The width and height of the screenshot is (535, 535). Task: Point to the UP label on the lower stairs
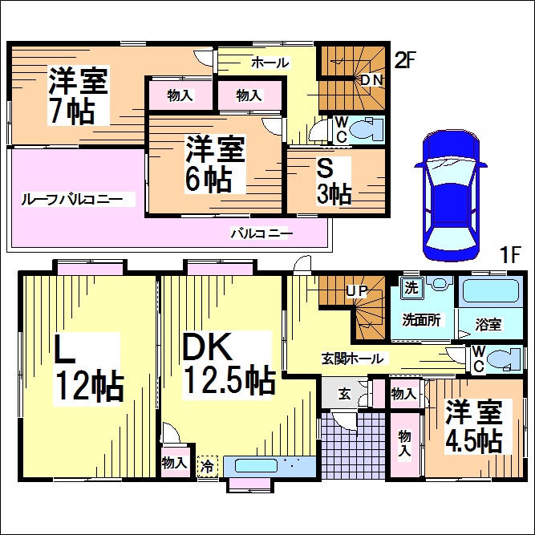point(355,290)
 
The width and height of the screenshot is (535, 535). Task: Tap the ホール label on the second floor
point(270,62)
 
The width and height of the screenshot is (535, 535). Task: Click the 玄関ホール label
point(353,359)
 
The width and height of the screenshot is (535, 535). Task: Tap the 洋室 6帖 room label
point(216,164)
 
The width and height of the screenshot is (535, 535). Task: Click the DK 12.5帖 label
point(228,363)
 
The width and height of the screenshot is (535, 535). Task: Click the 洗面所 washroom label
point(421,319)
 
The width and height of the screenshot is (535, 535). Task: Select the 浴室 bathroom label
point(488,324)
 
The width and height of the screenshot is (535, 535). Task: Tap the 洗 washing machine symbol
point(411,286)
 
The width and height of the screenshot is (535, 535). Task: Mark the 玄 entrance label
point(343,393)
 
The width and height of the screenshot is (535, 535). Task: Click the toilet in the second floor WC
point(368,128)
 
